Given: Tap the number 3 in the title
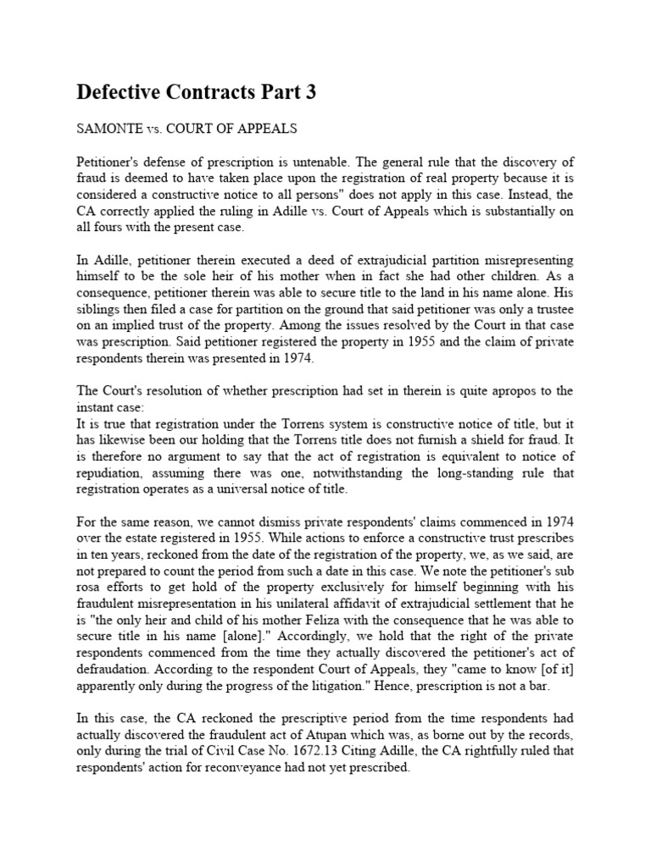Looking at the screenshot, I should coord(310,93).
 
